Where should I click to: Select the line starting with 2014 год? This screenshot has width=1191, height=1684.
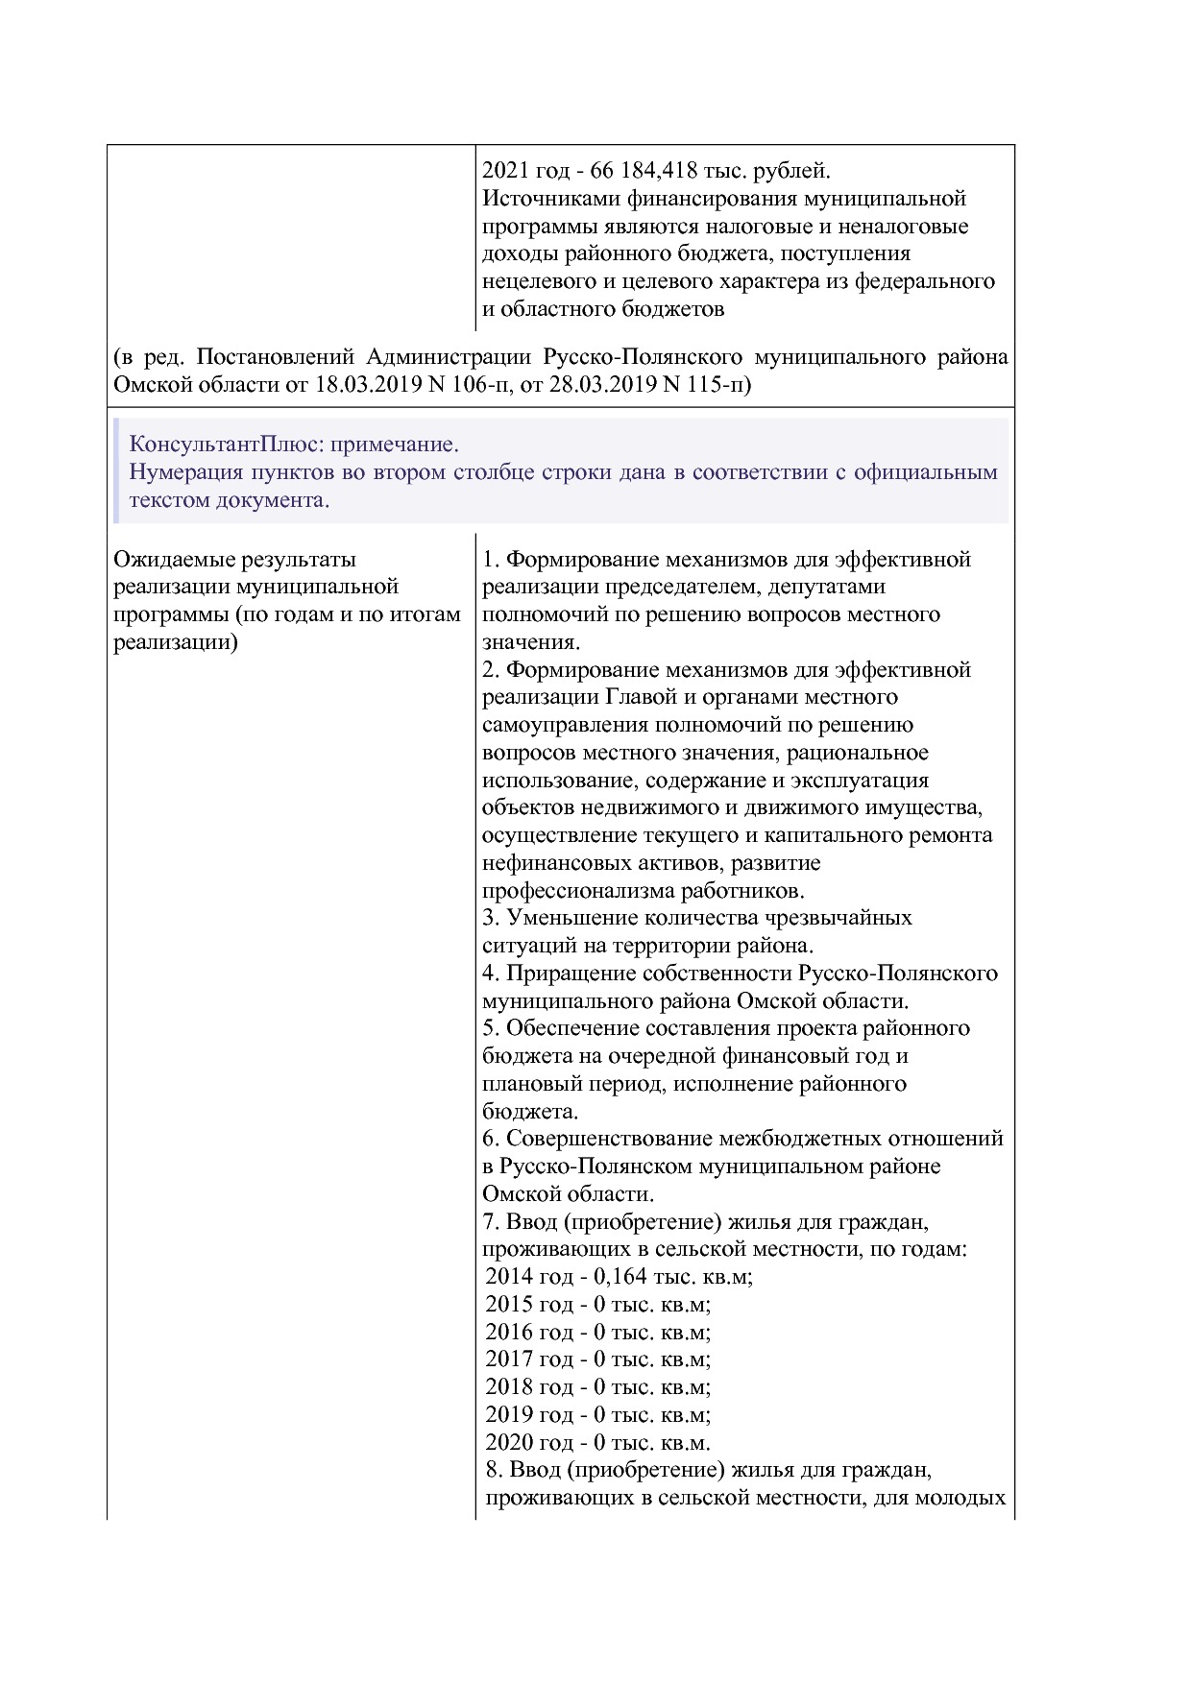click(619, 1276)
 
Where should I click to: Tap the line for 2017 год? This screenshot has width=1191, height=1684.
click(597, 1359)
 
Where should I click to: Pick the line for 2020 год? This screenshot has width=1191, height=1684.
click(597, 1442)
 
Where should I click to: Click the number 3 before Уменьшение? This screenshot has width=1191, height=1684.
click(489, 918)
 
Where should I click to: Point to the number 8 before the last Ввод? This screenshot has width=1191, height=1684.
click(493, 1470)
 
